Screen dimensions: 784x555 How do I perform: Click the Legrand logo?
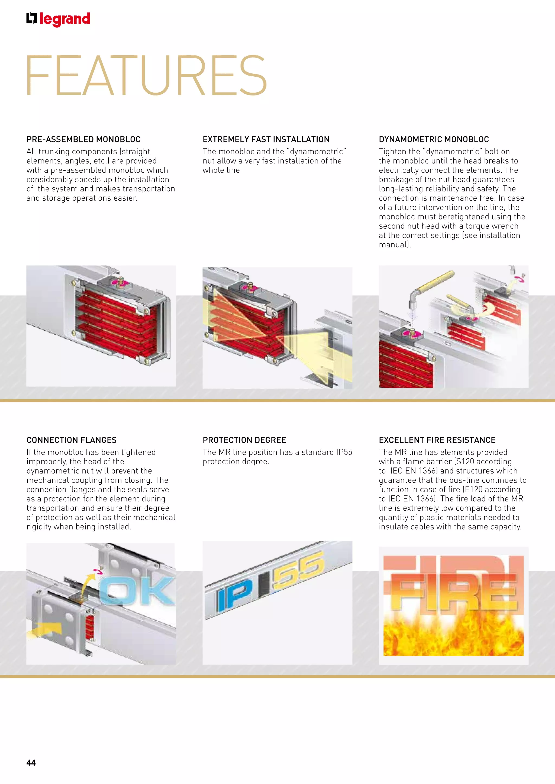tap(58, 19)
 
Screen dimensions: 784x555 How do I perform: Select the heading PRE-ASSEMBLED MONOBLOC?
tap(83, 139)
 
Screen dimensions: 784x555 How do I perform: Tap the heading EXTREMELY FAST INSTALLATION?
tap(266, 139)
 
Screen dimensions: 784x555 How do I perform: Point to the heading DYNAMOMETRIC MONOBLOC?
tap(434, 139)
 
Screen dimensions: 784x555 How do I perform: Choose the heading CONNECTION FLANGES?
tap(72, 440)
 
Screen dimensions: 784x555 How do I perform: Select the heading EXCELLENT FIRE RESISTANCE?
tap(437, 440)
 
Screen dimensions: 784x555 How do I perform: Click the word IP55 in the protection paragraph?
tap(344, 452)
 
